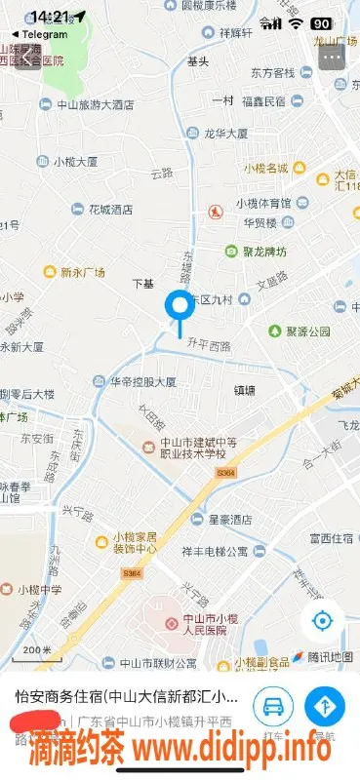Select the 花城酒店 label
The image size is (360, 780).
109,209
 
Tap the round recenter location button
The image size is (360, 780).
322,621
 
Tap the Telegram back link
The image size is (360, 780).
39,34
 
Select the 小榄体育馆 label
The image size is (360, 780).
261,204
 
